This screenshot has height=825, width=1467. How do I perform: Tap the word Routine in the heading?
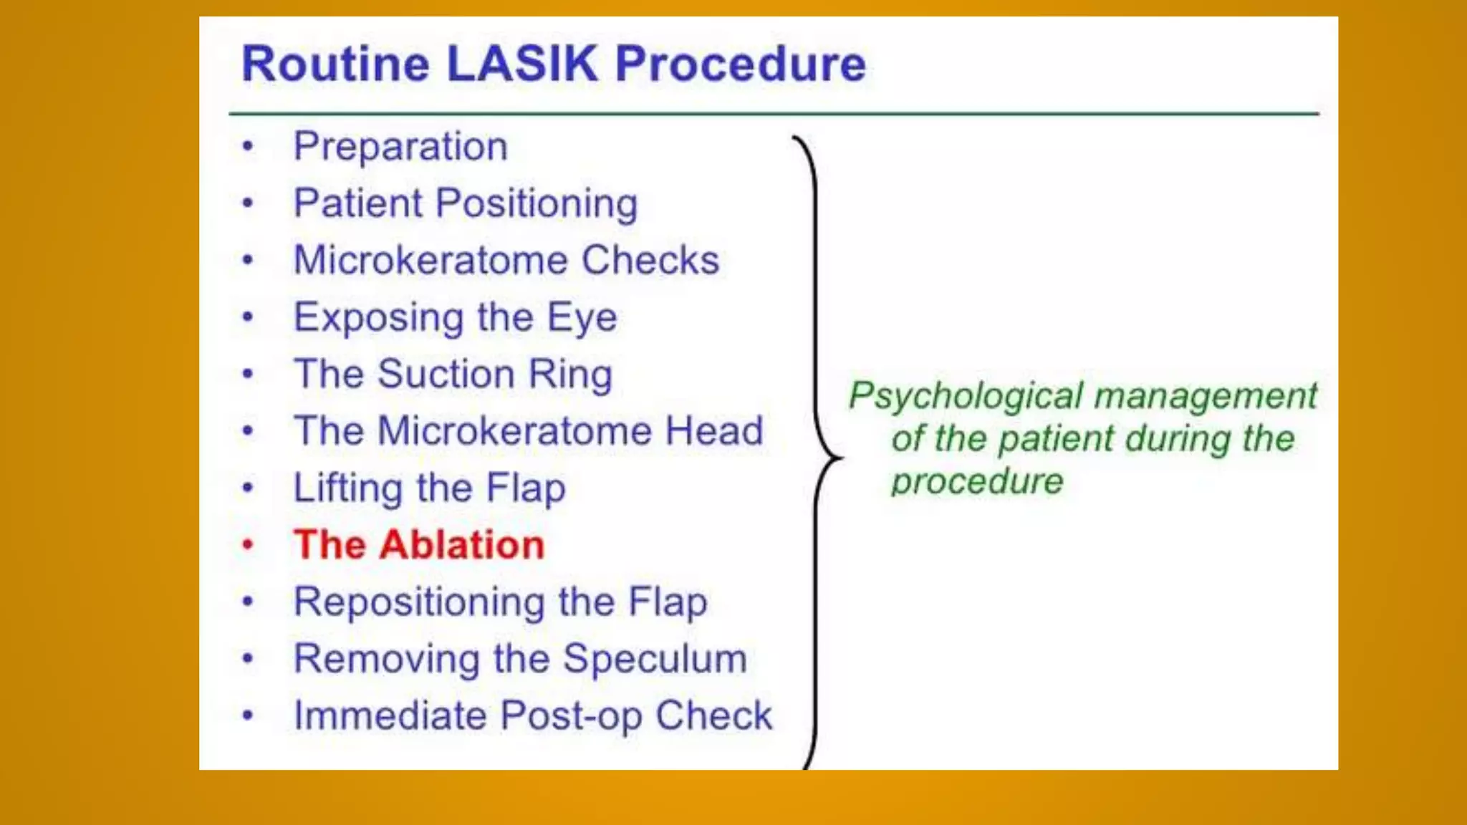click(335, 64)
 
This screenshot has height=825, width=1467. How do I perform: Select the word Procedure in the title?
click(740, 64)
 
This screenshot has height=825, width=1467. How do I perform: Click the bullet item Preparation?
click(400, 147)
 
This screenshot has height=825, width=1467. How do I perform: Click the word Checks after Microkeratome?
click(650, 260)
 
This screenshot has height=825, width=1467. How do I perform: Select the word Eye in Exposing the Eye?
click(582, 317)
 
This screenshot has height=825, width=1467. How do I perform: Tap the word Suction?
click(446, 374)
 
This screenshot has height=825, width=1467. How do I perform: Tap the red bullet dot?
click(248, 545)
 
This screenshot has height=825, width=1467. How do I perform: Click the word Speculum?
click(655, 659)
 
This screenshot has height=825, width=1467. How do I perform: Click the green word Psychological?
click(966, 396)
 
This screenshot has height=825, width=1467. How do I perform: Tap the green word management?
click(1206, 396)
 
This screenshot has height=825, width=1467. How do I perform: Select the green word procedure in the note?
click(977, 481)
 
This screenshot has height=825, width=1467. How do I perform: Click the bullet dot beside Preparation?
click(248, 147)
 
